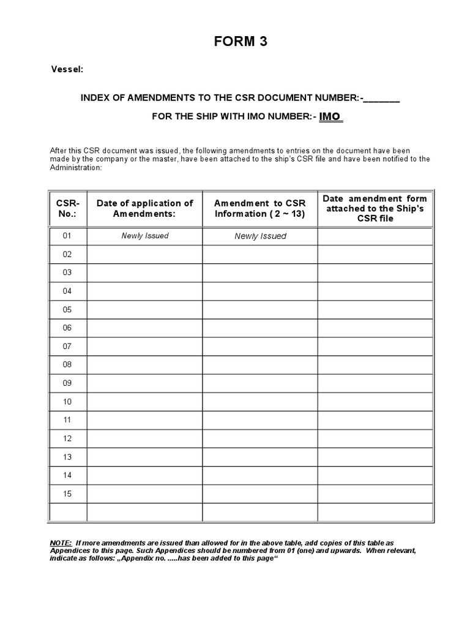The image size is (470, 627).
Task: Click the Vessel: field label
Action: (x=66, y=70)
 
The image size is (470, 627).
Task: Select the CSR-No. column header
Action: (x=67, y=208)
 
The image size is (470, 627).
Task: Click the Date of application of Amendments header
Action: (x=144, y=208)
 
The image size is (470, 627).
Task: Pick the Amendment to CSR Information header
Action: (x=260, y=208)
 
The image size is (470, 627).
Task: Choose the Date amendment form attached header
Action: (x=375, y=208)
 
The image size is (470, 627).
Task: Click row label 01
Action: (x=67, y=236)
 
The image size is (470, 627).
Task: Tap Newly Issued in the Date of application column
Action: (x=144, y=236)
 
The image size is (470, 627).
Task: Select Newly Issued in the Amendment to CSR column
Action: (x=260, y=236)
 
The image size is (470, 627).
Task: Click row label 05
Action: (x=67, y=309)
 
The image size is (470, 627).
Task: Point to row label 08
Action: (x=67, y=364)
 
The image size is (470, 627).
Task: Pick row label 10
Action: (x=67, y=402)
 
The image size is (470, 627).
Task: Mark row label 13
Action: (x=67, y=457)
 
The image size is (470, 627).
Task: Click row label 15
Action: (x=67, y=494)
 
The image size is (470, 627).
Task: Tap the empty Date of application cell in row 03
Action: (x=144, y=272)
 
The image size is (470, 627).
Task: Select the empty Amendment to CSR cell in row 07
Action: (x=260, y=346)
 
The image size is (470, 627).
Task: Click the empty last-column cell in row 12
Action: (x=375, y=438)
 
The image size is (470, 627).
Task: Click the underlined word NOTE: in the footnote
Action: (x=60, y=543)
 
